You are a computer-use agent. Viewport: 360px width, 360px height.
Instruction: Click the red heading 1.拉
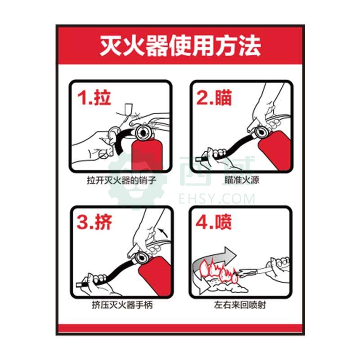point(94,98)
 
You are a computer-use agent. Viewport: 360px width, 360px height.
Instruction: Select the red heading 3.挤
point(94,222)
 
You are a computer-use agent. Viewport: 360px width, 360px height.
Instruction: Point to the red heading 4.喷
point(213,222)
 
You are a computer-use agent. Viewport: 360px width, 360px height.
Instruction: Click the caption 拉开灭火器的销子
point(121,180)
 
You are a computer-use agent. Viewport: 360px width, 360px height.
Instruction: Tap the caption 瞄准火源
point(242,180)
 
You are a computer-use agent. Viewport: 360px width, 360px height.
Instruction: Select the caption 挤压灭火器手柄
point(122,305)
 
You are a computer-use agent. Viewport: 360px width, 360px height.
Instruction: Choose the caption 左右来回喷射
point(240,305)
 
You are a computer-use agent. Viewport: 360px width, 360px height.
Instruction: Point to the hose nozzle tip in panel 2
point(198,159)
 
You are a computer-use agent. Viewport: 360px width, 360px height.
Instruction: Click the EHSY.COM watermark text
point(217,198)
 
